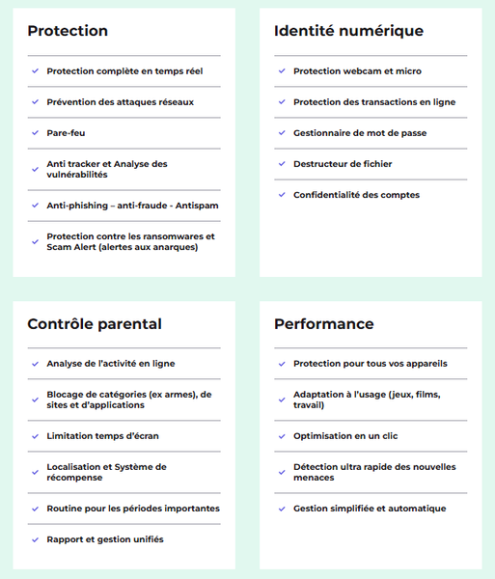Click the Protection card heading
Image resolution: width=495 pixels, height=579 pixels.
click(x=68, y=31)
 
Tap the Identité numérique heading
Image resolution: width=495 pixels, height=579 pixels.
click(x=348, y=31)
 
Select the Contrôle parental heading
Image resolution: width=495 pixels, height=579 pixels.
click(x=95, y=324)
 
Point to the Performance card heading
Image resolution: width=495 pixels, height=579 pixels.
click(x=323, y=324)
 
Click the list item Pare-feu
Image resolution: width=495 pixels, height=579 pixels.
click(x=67, y=133)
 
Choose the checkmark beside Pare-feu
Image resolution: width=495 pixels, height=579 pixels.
click(x=35, y=133)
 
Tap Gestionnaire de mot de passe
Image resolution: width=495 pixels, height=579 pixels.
click(x=360, y=133)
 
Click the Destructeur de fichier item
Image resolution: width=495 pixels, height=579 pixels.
click(x=343, y=164)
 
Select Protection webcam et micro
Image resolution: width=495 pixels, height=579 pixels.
click(x=357, y=71)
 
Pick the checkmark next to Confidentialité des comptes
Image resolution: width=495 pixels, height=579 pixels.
click(x=282, y=195)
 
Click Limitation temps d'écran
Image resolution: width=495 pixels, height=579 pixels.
click(x=102, y=436)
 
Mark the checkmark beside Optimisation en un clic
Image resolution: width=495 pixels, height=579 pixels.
click(x=282, y=436)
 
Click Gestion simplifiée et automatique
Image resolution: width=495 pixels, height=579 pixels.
click(x=370, y=509)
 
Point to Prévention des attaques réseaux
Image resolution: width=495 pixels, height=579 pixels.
click(x=120, y=102)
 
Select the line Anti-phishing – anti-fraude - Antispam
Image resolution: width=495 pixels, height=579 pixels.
click(x=131, y=206)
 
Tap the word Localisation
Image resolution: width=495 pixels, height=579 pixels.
click(x=76, y=467)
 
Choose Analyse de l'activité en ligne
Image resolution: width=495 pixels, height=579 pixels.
click(x=111, y=364)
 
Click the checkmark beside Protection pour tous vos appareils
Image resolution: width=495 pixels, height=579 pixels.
click(x=282, y=364)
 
